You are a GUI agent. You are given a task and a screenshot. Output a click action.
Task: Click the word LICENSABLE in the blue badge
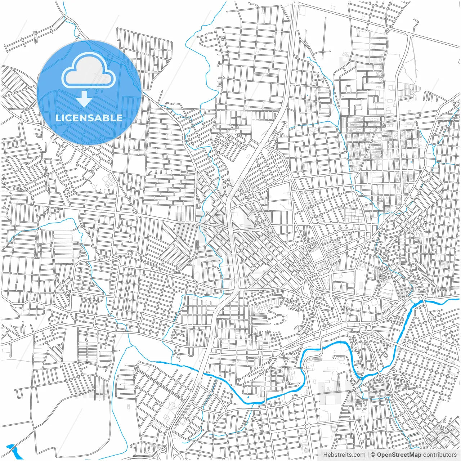(89, 118)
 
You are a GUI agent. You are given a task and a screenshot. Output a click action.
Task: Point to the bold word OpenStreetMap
(399, 455)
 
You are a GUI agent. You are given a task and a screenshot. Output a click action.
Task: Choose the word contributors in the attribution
(440, 455)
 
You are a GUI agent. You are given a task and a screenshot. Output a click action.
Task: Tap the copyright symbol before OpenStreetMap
(373, 455)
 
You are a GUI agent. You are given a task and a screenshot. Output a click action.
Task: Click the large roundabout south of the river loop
(307, 426)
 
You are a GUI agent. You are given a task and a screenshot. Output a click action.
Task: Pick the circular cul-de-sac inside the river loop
(334, 357)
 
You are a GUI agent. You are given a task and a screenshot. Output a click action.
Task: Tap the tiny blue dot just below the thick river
(248, 397)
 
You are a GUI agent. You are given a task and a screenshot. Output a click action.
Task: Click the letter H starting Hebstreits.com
(325, 455)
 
